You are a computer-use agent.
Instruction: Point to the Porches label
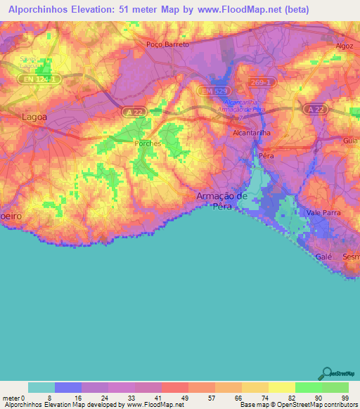coord(148,143)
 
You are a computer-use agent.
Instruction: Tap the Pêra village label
coord(266,155)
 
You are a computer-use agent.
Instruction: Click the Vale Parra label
coord(322,212)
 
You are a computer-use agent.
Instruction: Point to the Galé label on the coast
coord(324,257)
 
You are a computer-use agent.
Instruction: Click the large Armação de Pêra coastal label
coord(222,202)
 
